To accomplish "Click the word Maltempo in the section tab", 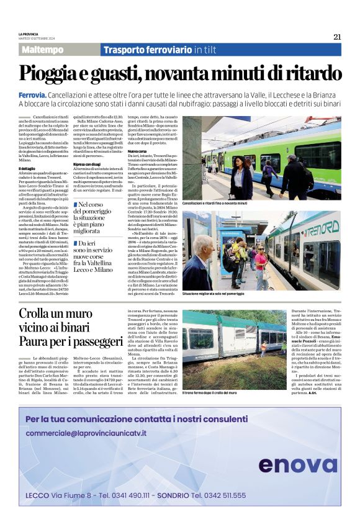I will coord(42,50).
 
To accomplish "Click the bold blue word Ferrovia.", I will coord(33,94).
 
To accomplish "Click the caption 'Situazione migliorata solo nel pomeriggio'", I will coord(223,292).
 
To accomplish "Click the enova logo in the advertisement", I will coord(297,464).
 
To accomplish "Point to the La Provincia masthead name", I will coord(29,34).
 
